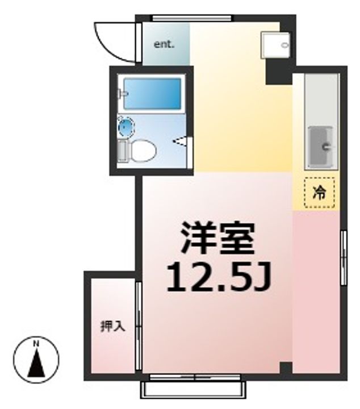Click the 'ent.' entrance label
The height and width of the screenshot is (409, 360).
click(164, 44)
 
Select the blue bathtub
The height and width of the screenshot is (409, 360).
click(152, 94)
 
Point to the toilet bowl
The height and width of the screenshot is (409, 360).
click(143, 151)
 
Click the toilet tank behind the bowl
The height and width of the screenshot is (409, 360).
click(123, 151)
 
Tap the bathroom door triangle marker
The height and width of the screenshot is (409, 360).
click(180, 141)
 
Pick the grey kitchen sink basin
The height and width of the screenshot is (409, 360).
click(320, 147)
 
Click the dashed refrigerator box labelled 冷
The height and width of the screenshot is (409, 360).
click(319, 193)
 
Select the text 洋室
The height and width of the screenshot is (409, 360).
click(218, 239)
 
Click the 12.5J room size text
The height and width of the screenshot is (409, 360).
click(219, 277)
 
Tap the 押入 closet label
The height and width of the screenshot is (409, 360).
click(113, 326)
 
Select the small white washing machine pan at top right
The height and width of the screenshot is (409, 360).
click(275, 45)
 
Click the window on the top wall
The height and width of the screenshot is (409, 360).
click(191, 18)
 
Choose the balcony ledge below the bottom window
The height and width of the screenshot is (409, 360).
click(193, 390)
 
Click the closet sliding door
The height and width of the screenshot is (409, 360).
click(139, 326)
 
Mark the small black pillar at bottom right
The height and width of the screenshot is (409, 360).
click(286, 368)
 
